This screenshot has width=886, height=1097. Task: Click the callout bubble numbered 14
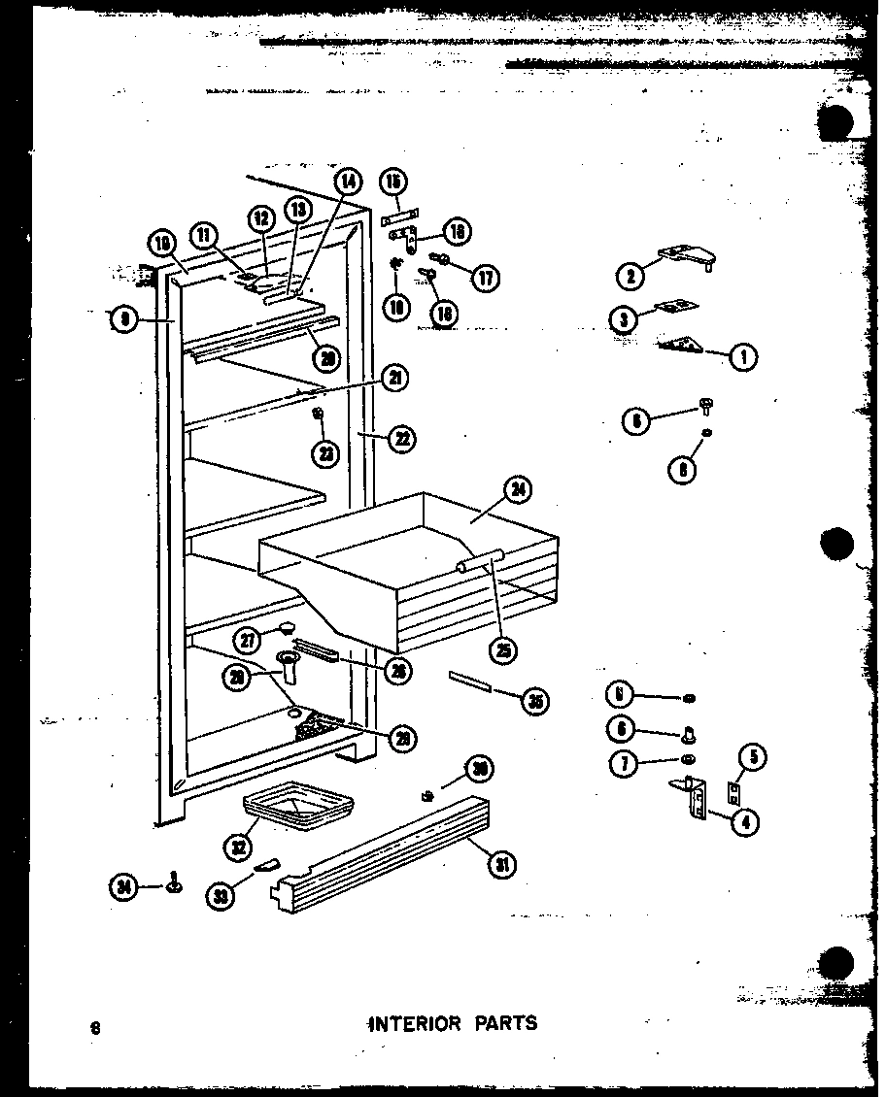[x=348, y=182]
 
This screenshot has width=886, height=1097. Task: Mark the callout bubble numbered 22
[x=399, y=439]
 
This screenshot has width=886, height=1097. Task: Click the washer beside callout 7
[x=688, y=760]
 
